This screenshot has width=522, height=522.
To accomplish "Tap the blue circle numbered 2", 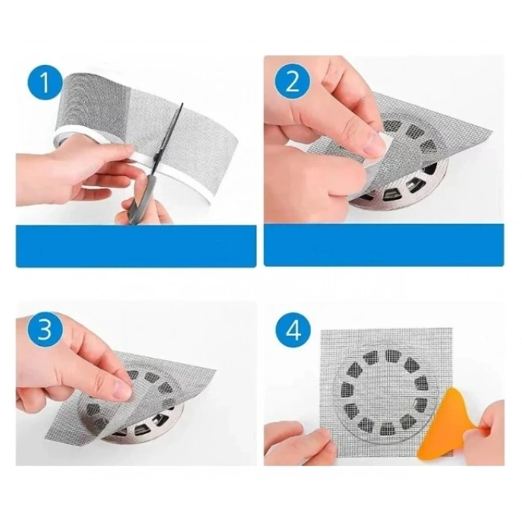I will [x=291, y=81].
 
